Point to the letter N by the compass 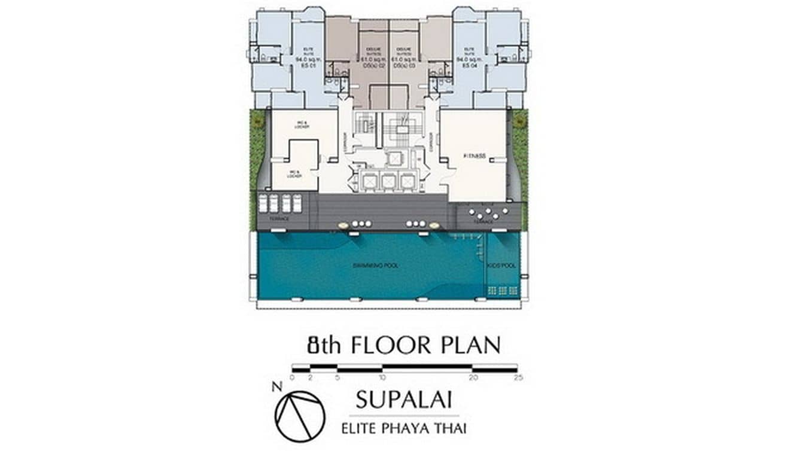tap(276, 386)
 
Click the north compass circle tap(300, 416)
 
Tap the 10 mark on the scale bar tap(382, 377)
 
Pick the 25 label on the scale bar tap(517, 377)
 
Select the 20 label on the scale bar tap(473, 377)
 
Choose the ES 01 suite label tap(306, 65)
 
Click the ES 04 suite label tap(469, 65)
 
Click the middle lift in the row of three tap(389, 181)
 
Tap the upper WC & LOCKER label tap(302, 126)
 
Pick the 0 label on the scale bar tap(292, 377)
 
